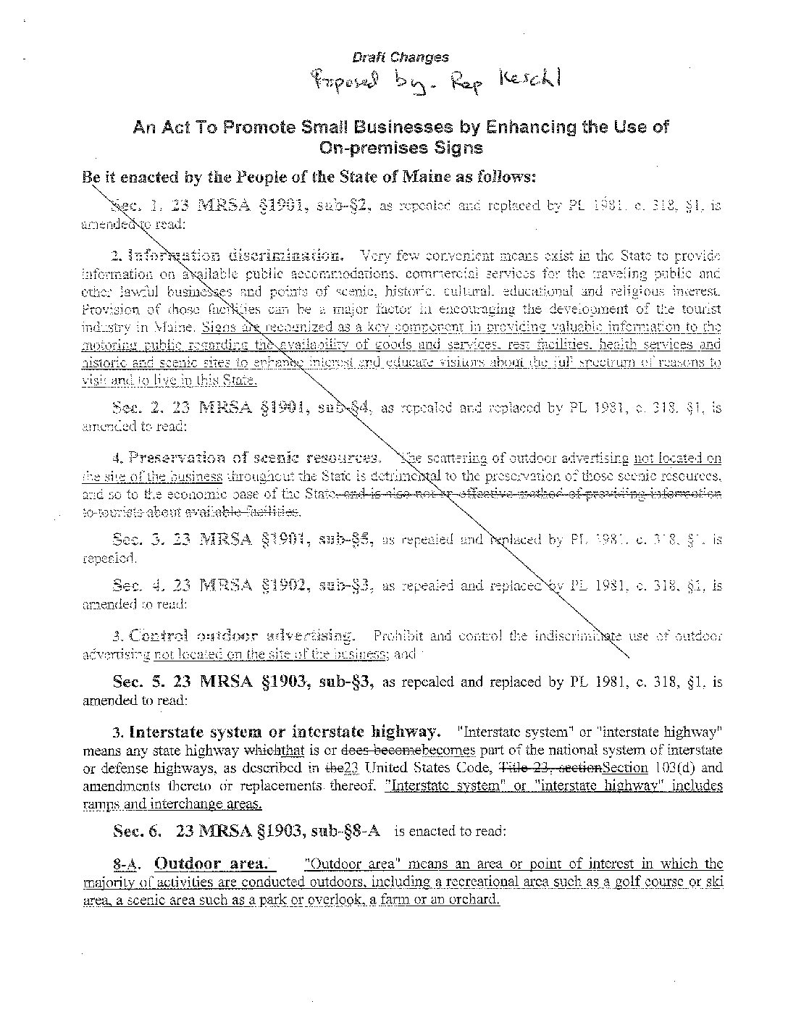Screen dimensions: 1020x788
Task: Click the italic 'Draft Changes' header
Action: click(400, 57)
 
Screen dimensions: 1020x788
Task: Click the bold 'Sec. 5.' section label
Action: click(135, 682)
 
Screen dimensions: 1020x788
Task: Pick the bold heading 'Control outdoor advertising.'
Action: click(234, 636)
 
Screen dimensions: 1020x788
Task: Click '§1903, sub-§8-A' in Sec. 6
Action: click(322, 831)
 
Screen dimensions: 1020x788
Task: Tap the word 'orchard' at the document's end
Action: click(476, 900)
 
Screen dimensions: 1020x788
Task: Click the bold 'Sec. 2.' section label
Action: click(135, 407)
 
